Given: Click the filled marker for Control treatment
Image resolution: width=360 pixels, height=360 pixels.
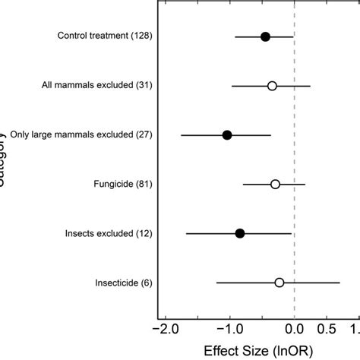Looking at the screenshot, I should click(265, 36).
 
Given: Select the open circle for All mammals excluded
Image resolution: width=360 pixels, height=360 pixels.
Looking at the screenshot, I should click(272, 86).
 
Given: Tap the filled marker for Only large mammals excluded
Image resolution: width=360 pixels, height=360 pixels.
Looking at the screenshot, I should click(227, 134).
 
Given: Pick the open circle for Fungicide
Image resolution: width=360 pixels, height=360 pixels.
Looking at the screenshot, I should click(275, 184).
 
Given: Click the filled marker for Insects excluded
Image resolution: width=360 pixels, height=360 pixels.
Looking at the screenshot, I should click(240, 233).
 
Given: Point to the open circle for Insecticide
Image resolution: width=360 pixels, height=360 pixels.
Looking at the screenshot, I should click(279, 283).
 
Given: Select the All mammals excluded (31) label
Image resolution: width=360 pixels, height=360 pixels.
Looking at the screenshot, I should click(98, 86).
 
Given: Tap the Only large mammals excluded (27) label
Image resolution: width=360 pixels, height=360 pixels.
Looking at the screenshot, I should click(82, 134).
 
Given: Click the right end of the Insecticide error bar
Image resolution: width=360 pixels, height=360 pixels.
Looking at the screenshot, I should click(339, 283).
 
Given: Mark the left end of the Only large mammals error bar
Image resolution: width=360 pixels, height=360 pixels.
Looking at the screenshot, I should click(181, 134).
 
